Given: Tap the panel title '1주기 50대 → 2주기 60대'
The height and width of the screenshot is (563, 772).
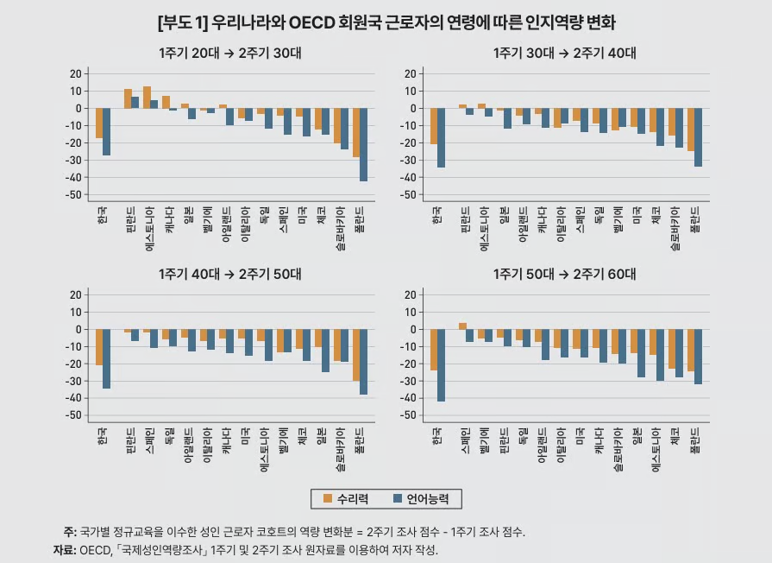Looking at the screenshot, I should click(564, 275).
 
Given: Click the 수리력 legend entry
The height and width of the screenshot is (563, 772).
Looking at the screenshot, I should click(347, 498).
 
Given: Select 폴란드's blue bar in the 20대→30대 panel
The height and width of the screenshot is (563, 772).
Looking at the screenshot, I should click(363, 144).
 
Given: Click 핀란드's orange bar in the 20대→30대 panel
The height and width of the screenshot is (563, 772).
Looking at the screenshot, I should click(128, 98).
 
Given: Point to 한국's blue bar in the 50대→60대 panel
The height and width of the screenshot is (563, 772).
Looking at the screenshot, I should click(442, 365).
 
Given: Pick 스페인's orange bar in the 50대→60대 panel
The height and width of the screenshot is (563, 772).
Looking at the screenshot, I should click(462, 326).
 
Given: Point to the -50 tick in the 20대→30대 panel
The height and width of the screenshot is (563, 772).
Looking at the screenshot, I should click(74, 195).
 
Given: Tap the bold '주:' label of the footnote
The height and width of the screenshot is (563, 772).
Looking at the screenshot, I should click(69, 532).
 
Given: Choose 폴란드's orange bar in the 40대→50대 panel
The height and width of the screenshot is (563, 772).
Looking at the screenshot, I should click(356, 355).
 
